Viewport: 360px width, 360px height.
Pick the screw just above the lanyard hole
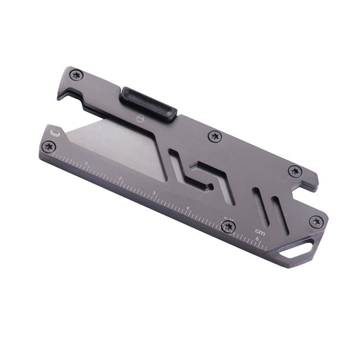tap(315, 221)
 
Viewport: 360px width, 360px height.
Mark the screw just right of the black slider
tap(214, 137)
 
